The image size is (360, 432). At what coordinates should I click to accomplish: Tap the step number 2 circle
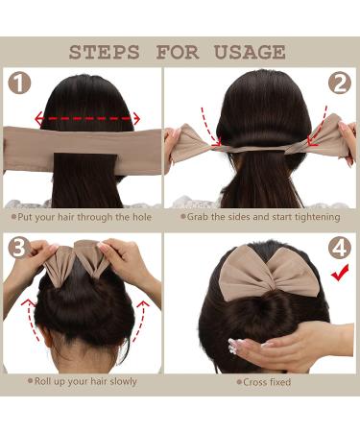(x=338, y=84)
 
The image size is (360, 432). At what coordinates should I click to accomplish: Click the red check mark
(x=338, y=275)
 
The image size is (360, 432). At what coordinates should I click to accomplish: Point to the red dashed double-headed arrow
(x=86, y=120)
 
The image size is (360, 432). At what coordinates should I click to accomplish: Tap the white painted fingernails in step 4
(x=233, y=345)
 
